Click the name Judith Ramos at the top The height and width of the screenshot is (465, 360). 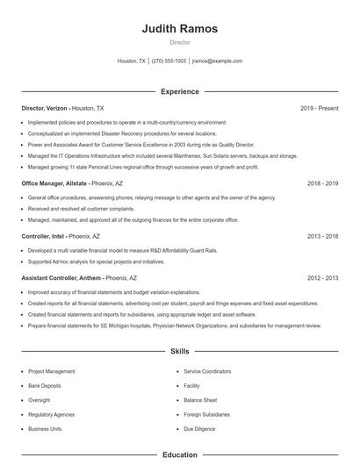(179, 29)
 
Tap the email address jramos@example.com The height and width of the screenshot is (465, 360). (217, 61)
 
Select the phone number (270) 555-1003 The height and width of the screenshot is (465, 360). (169, 61)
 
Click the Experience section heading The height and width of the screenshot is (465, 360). (179, 91)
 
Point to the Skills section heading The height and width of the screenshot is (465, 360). (179, 352)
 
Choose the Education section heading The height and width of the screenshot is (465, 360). (179, 455)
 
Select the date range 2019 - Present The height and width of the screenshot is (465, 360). (319, 108)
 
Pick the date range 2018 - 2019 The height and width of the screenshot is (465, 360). (322, 184)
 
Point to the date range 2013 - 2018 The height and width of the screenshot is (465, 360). (322, 236)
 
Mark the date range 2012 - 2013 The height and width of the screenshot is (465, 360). (322, 277)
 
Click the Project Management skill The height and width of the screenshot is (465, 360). (52, 371)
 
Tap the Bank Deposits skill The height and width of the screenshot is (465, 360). (44, 385)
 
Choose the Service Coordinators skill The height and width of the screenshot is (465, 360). (207, 371)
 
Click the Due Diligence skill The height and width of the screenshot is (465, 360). (198, 429)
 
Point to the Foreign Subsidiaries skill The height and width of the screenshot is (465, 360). (207, 414)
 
